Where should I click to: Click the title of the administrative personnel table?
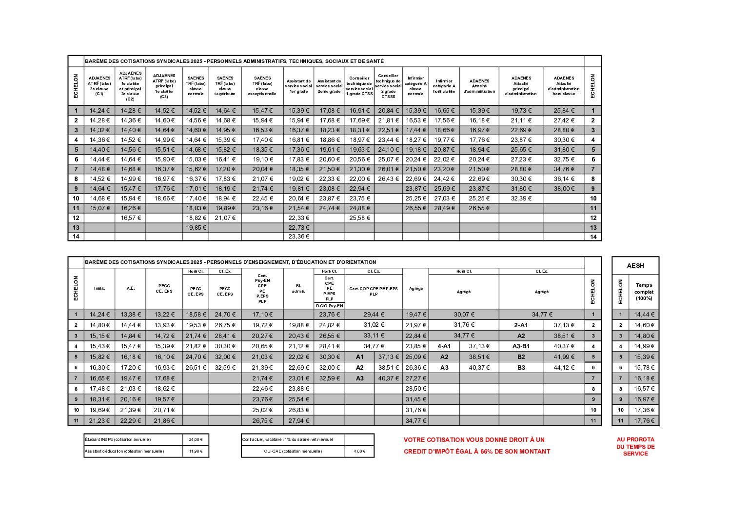[234, 61]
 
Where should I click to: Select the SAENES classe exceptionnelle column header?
[262, 86]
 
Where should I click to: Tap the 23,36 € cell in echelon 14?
[299, 237]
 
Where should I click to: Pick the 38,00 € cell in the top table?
[564, 189]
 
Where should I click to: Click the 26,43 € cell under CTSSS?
[388, 179]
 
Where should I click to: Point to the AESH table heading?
[635, 266]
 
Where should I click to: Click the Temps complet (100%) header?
[644, 292]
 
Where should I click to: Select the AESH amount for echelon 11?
[644, 420]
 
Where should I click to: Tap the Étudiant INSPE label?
[118, 439]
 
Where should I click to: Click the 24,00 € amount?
[196, 439]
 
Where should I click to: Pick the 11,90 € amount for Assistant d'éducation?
[196, 451]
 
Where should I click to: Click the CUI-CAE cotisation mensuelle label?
[293, 451]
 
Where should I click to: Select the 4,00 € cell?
[359, 451]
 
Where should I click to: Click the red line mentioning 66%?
[476, 452]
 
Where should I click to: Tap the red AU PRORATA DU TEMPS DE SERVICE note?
[635, 446]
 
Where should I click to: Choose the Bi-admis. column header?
[298, 289]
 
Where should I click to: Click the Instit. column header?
[99, 289]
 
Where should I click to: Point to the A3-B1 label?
[521, 346]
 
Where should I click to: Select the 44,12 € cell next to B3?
[564, 368]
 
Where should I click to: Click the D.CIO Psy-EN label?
[330, 306]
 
